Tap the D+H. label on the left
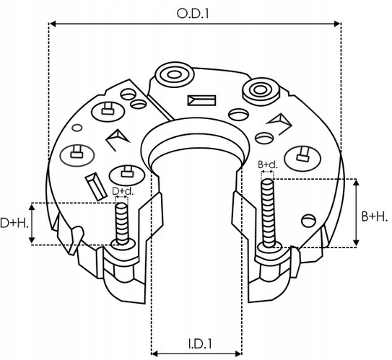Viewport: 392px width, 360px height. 14,223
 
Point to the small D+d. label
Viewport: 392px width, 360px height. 122,191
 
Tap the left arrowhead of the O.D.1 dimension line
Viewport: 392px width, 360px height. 52,24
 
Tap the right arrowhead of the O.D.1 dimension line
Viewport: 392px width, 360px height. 336,24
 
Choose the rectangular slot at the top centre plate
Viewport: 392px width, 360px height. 198,102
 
